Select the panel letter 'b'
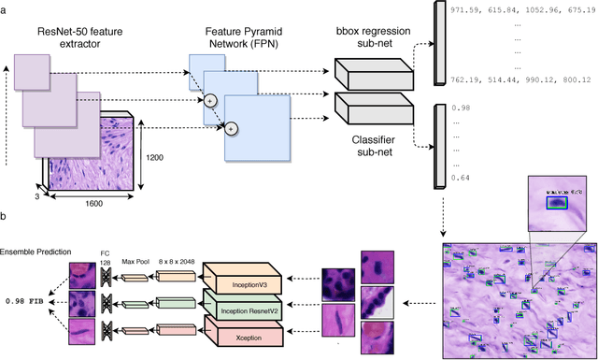click(5, 217)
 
